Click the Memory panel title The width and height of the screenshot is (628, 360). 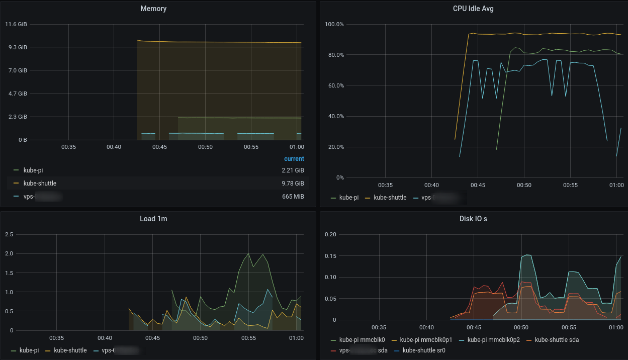click(x=153, y=9)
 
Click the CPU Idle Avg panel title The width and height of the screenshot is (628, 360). click(x=473, y=9)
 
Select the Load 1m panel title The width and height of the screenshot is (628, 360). click(x=153, y=219)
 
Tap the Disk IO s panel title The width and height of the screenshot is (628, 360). click(x=473, y=219)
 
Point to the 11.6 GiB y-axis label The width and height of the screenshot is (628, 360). click(x=16, y=24)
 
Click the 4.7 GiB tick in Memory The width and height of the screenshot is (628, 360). click(x=16, y=94)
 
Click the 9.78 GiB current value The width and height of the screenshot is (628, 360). click(x=293, y=184)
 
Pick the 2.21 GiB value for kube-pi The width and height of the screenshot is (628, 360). click(x=293, y=170)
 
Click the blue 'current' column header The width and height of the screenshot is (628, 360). click(x=294, y=159)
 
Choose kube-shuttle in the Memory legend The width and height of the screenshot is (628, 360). click(x=40, y=184)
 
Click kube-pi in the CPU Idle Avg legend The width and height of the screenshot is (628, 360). click(x=349, y=198)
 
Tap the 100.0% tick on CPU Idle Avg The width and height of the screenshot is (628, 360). click(x=334, y=24)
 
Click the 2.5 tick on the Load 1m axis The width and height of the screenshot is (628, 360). click(x=9, y=234)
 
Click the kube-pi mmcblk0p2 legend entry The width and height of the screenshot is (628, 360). click(x=493, y=340)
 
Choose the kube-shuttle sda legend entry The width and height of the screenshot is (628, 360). click(x=557, y=340)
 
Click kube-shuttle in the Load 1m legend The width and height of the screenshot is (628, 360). click(x=70, y=350)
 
